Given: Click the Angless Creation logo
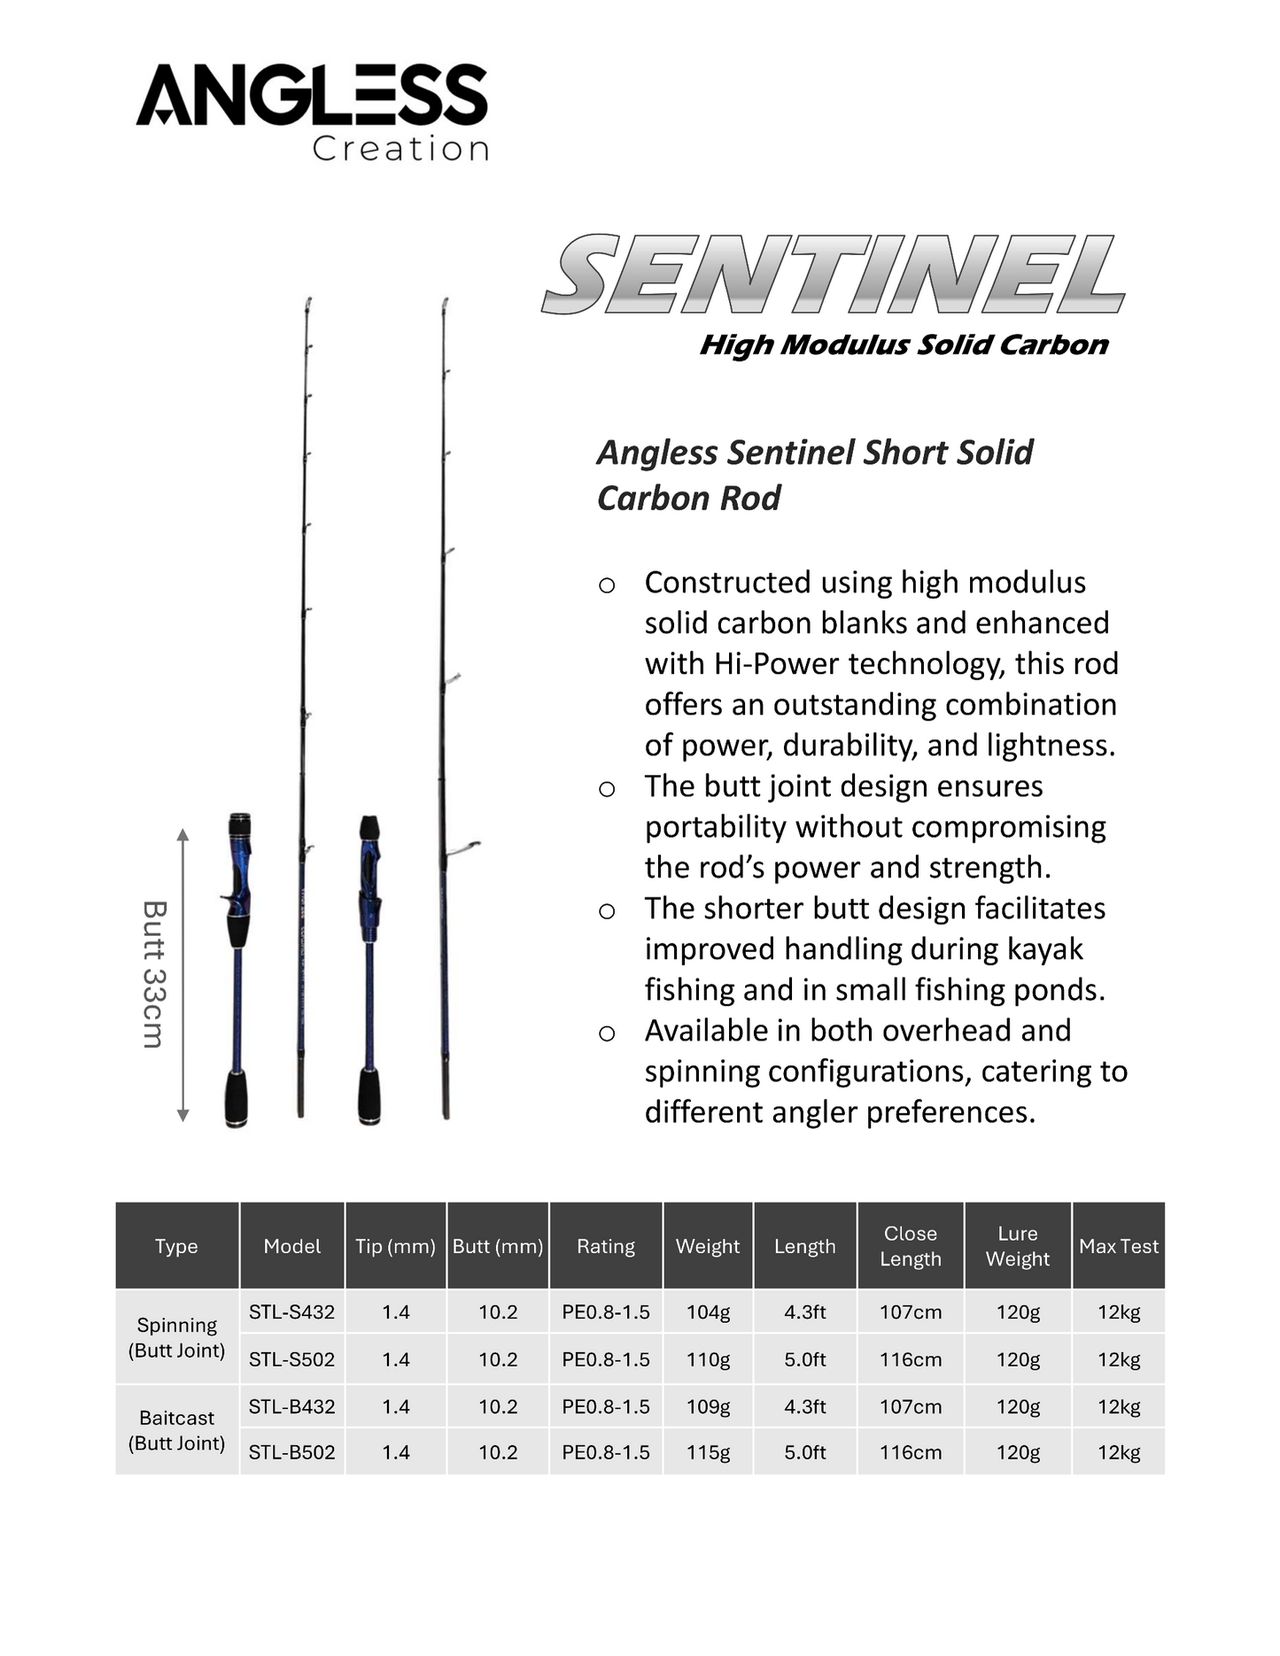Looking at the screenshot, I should (312, 112).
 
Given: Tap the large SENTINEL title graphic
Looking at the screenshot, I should (833, 275).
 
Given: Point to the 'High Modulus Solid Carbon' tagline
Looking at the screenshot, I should (904, 344).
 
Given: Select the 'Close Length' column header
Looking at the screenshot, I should (910, 1245).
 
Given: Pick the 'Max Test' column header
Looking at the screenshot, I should (1118, 1246).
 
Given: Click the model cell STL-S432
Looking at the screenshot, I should (291, 1312).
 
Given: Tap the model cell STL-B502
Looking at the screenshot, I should (291, 1451).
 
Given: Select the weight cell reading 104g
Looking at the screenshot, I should (708, 1312).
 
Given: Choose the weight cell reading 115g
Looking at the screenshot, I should (708, 1451).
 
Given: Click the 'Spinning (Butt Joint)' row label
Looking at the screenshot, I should (176, 1337).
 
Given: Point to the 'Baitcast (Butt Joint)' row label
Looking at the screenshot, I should (176, 1429).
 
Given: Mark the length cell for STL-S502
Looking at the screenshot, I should (804, 1358).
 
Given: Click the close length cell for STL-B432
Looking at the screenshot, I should (910, 1405).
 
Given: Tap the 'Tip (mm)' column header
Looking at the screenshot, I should (395, 1246).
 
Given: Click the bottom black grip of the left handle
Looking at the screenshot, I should (236, 1098).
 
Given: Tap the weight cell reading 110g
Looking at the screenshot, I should (708, 1358).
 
